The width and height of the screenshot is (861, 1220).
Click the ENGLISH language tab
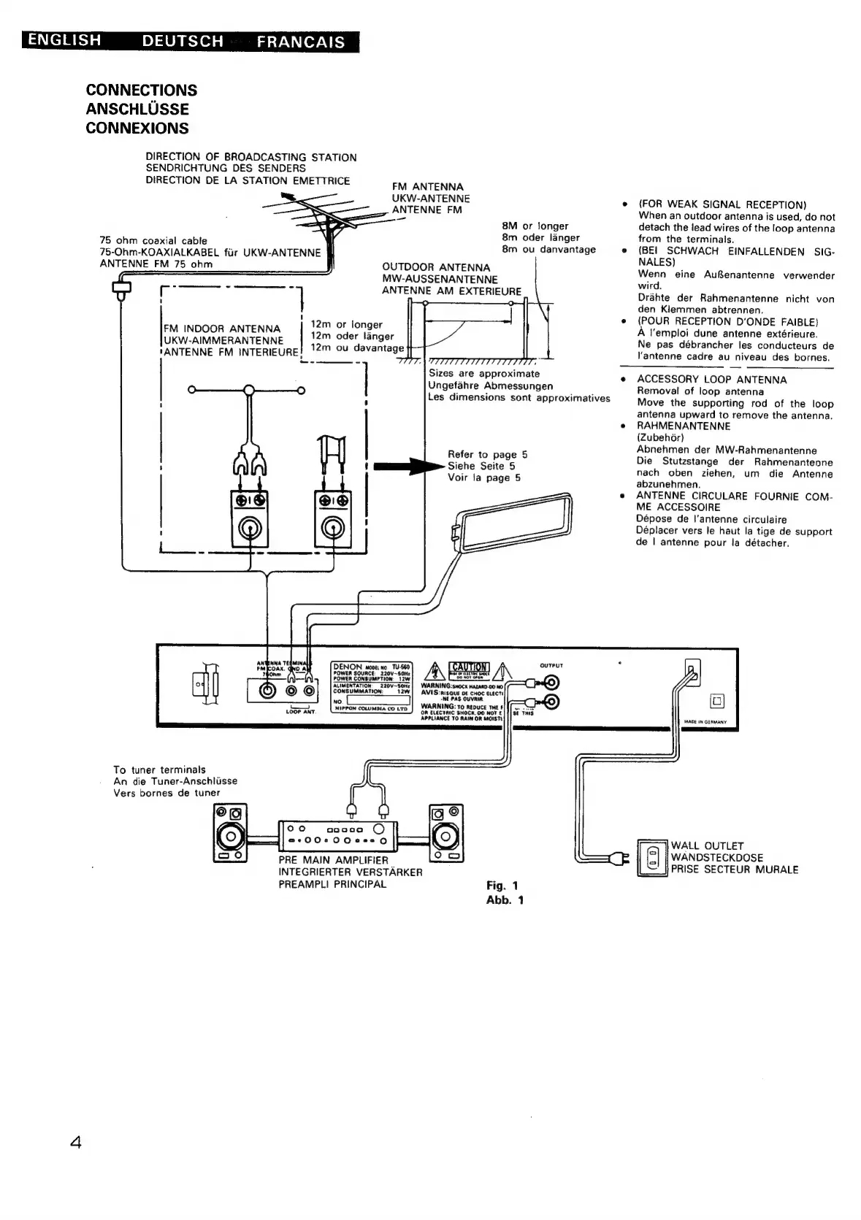(x=61, y=40)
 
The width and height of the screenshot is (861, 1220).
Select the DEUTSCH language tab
(x=183, y=42)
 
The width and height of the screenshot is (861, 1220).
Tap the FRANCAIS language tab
(x=300, y=42)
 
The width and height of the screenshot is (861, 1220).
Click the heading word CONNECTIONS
(x=141, y=90)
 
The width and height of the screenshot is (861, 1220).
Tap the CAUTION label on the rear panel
(x=469, y=667)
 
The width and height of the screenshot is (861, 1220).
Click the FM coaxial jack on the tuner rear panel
(x=269, y=690)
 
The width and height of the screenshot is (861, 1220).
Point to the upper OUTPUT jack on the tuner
(x=551, y=683)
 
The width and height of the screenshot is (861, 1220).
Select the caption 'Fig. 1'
(x=502, y=886)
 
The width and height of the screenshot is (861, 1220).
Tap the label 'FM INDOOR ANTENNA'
(x=221, y=329)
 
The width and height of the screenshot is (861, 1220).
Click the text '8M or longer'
(x=535, y=226)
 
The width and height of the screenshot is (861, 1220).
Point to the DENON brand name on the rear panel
(x=348, y=667)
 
